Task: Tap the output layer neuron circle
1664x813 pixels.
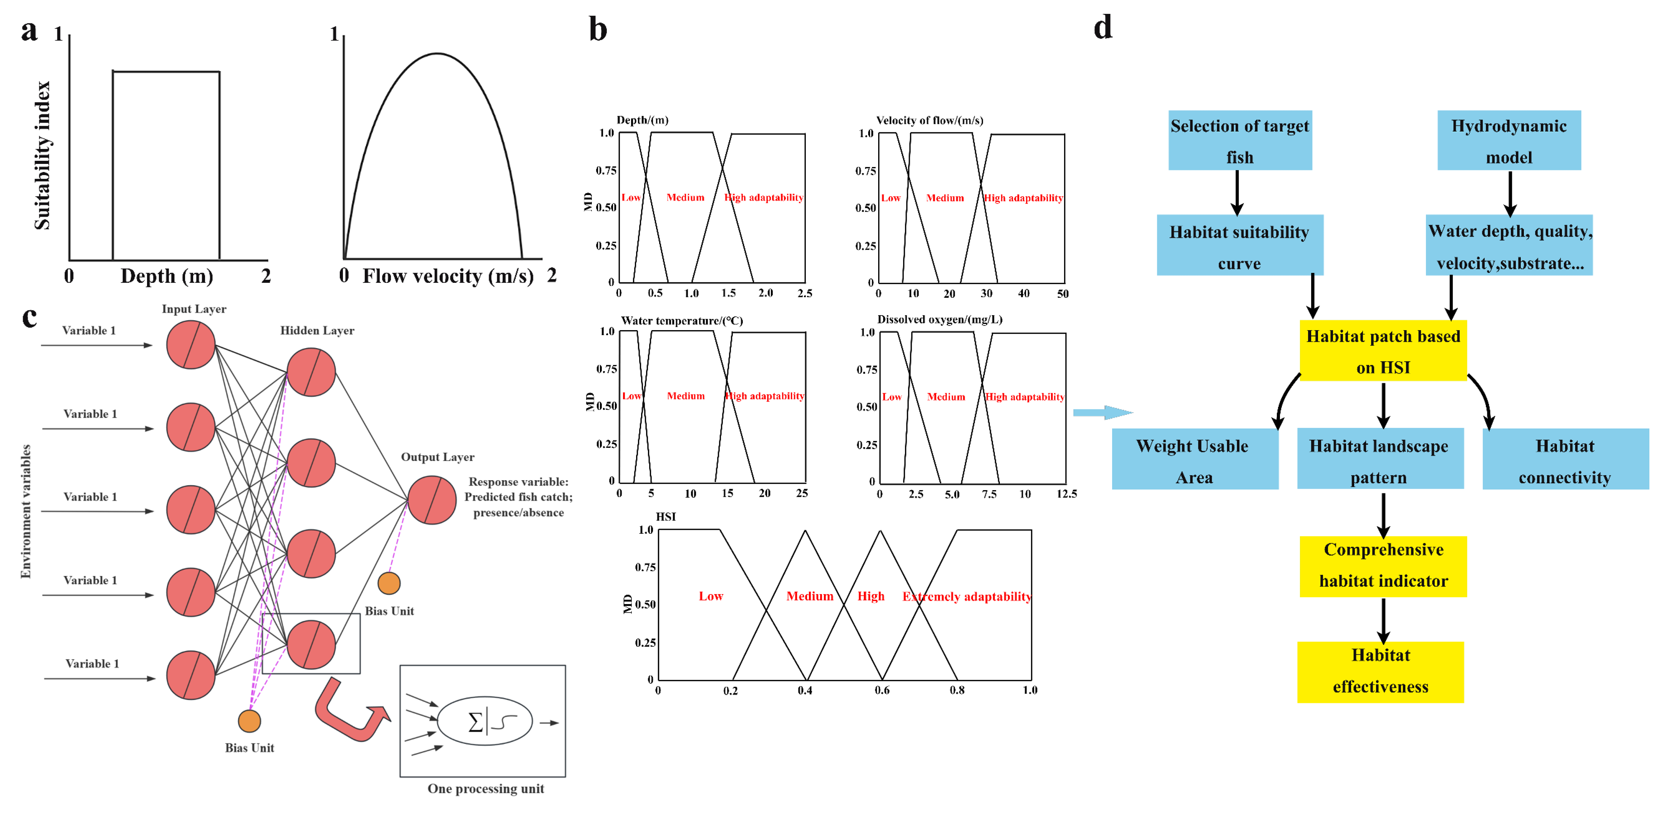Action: pos(431,500)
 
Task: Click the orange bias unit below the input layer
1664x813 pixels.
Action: pos(249,721)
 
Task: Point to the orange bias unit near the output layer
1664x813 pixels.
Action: pos(389,583)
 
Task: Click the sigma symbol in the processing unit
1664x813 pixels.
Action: pos(475,721)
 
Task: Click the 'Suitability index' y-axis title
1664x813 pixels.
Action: pos(42,155)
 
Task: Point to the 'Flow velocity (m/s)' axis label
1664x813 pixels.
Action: pos(448,276)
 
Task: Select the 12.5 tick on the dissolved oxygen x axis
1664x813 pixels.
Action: pos(1066,494)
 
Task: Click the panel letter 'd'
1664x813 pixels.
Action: pos(1103,28)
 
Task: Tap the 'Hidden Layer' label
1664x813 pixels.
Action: pos(317,331)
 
